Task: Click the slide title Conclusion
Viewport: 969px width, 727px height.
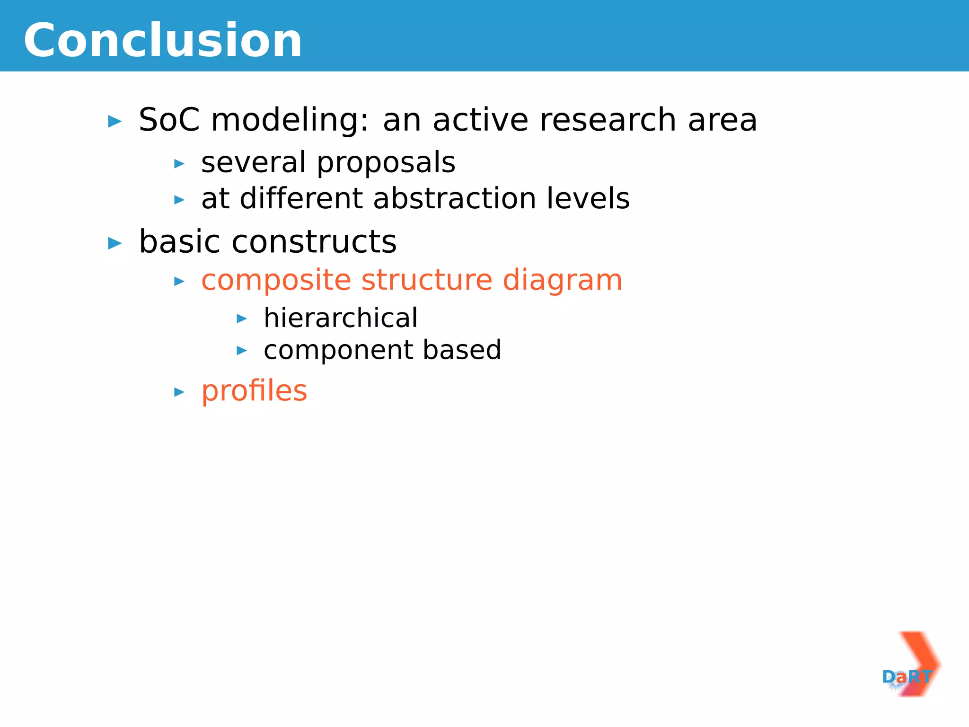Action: click(x=163, y=41)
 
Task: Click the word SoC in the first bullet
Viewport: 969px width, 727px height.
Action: click(x=169, y=120)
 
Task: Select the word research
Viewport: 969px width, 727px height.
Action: click(x=608, y=120)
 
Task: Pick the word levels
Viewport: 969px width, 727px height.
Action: click(x=588, y=198)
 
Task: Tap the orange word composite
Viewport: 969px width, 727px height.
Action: click(x=276, y=281)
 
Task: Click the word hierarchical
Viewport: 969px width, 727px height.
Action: click(x=340, y=318)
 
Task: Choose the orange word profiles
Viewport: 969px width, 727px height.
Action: click(x=254, y=391)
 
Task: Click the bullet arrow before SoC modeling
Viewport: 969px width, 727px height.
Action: click(x=115, y=122)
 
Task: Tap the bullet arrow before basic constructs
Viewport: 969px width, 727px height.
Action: click(x=115, y=244)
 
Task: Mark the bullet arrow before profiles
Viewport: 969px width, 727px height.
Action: click(x=179, y=392)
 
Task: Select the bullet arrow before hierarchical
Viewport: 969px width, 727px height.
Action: click(x=241, y=319)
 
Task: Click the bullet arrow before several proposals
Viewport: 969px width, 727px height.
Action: click(x=179, y=164)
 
